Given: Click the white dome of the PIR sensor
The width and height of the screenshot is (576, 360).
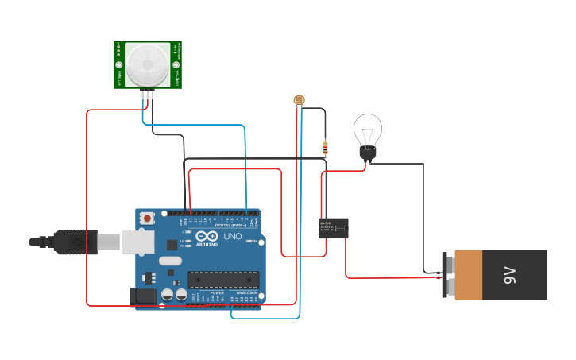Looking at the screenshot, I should pyautogui.click(x=148, y=64).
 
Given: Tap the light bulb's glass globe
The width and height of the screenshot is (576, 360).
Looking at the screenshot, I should pyautogui.click(x=368, y=129).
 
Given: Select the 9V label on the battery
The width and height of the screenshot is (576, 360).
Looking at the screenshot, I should pyautogui.click(x=509, y=275).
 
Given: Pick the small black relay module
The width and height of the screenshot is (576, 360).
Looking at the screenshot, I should pyautogui.click(x=333, y=228).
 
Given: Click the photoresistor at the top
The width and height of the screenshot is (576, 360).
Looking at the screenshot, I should pyautogui.click(x=299, y=100).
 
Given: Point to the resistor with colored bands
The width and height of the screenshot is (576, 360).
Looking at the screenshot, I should pyautogui.click(x=325, y=146).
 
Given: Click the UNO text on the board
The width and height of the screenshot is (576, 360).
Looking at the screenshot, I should pyautogui.click(x=233, y=237).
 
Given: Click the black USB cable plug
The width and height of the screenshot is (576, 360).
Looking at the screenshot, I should pyautogui.click(x=75, y=242).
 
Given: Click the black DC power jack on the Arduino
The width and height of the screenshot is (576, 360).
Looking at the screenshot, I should pyautogui.click(x=144, y=296).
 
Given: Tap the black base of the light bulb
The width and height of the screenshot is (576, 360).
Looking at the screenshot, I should pyautogui.click(x=366, y=154).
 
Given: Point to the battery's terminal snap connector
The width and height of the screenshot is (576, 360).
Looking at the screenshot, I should pyautogui.click(x=446, y=275).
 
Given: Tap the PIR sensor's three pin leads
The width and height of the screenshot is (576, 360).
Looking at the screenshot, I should pyautogui.click(x=147, y=95).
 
